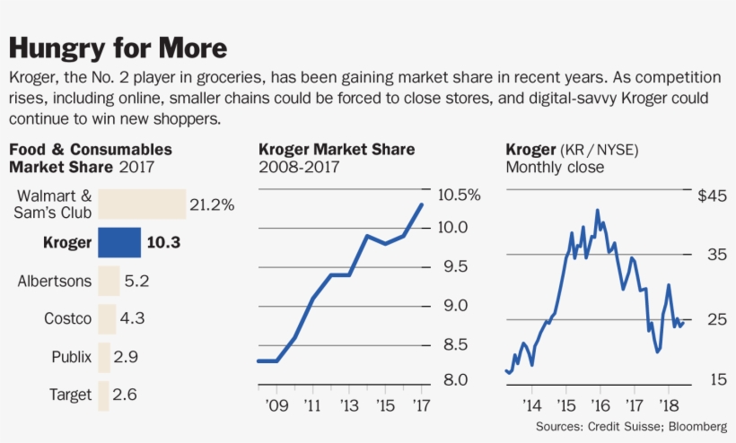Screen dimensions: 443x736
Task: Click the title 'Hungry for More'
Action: [x=118, y=48]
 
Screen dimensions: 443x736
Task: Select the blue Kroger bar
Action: [x=118, y=242]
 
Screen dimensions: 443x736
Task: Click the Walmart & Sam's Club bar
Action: [x=141, y=204]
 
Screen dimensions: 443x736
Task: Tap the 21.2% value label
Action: [x=212, y=204]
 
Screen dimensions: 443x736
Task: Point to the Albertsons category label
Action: [x=55, y=281]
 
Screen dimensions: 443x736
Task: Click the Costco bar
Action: [x=107, y=318]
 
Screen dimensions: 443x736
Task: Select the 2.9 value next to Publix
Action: [x=126, y=357]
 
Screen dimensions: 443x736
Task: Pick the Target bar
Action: [x=103, y=395]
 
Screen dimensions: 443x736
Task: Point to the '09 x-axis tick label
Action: [x=276, y=406]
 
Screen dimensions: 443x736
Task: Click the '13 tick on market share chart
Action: [x=348, y=406]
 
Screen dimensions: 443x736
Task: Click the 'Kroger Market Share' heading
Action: [x=337, y=150]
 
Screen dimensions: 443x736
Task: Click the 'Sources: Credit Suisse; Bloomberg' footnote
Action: [x=631, y=426]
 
